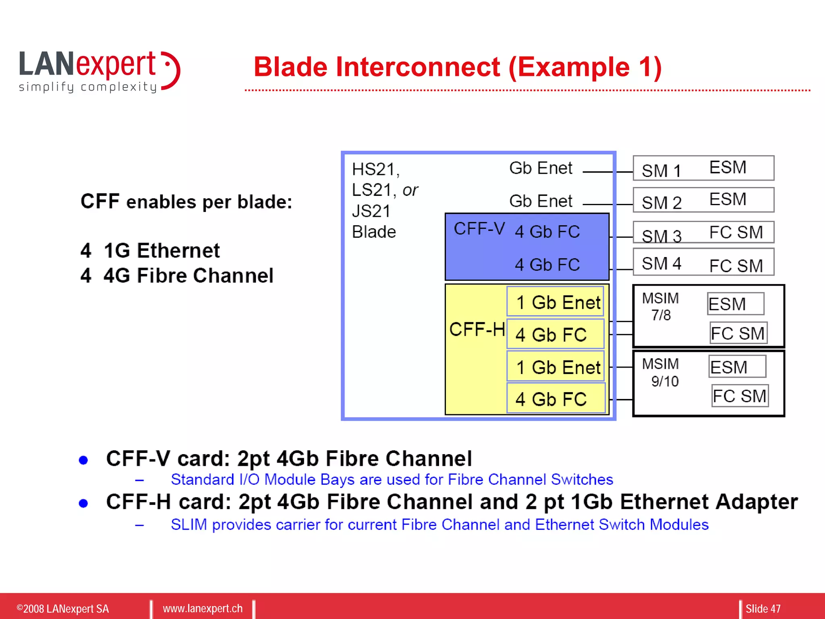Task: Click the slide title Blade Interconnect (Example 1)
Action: coord(458,67)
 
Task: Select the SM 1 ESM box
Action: coord(703,168)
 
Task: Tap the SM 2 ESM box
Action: coord(703,200)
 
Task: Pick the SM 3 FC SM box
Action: coord(703,233)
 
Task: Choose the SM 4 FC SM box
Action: coord(703,262)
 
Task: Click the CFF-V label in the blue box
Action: coord(479,229)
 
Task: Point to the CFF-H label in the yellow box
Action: coord(477,330)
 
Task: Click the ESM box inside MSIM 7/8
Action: coord(735,304)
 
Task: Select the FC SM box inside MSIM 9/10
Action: coord(740,396)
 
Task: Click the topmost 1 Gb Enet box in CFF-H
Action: coord(556,302)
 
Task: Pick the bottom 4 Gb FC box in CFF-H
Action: coord(556,399)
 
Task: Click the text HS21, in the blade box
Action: coord(375,170)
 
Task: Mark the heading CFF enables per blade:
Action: coord(186,201)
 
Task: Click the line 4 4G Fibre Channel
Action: coord(177,276)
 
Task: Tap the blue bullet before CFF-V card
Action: coord(83,460)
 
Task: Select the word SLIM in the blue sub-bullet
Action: coord(189,525)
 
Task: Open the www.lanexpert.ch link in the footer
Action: coord(203,609)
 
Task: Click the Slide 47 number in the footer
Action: coord(763,609)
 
